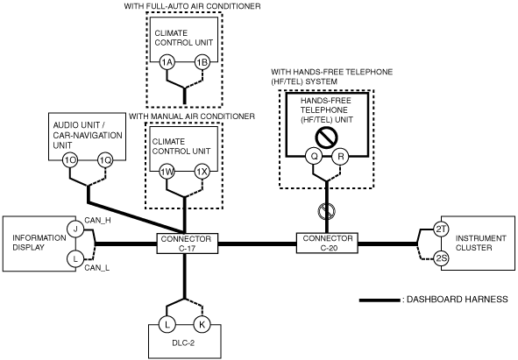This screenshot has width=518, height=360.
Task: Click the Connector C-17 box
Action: [187, 244]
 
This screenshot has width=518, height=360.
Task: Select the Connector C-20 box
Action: [327, 244]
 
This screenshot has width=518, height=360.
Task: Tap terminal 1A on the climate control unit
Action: [167, 62]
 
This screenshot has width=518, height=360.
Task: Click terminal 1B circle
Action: [202, 62]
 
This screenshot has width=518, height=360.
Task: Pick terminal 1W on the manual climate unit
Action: [167, 172]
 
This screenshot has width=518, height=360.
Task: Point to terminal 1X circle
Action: [202, 172]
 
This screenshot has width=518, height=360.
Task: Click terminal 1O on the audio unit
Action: [70, 161]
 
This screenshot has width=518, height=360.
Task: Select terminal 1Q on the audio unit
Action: [105, 161]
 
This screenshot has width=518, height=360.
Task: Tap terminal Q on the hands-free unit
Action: [314, 156]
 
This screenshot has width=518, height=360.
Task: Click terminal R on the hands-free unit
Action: [341, 156]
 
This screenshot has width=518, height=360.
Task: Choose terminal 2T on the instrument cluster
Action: [441, 229]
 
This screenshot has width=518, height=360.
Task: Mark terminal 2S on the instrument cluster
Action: [441, 258]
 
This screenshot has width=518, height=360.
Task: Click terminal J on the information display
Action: [75, 229]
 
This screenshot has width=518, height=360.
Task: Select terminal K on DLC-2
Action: [202, 324]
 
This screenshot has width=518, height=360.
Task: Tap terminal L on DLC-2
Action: [167, 324]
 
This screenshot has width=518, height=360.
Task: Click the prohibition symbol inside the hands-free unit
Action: [326, 138]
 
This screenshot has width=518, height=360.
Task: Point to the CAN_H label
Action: [98, 221]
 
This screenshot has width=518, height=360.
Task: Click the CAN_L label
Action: [96, 267]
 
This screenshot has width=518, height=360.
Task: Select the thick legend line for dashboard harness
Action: [380, 300]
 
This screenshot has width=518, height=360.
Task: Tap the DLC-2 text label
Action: [183, 342]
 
